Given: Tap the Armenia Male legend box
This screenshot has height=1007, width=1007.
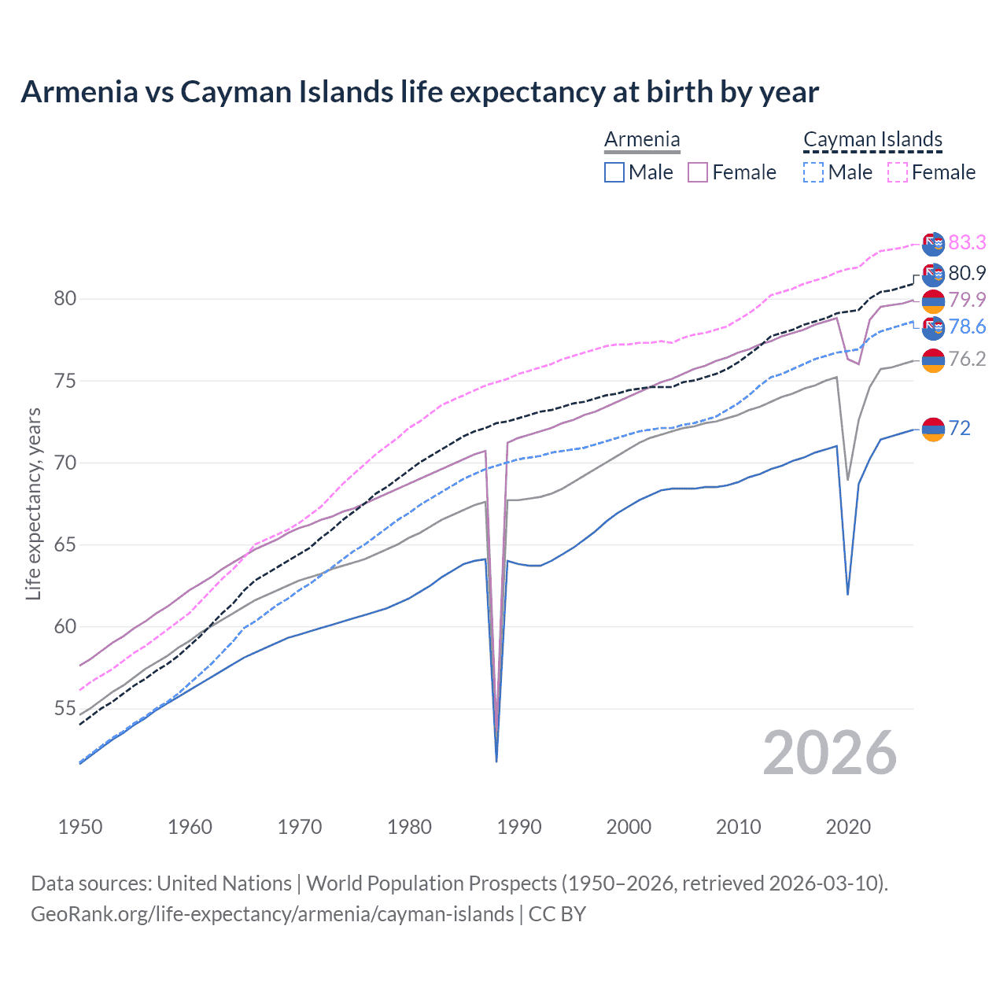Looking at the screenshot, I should coord(614,172).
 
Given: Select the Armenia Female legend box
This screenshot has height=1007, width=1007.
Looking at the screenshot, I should coord(698,172).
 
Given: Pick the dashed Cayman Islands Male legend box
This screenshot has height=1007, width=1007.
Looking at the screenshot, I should coord(813,172).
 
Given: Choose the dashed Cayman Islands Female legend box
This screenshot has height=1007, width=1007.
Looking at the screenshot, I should coord(897,172).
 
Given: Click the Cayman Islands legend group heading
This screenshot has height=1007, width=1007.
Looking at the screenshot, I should coord(872,140).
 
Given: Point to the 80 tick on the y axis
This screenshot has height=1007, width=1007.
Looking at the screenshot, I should coord(65,299).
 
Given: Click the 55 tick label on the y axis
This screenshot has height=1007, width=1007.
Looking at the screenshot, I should coord(65,709).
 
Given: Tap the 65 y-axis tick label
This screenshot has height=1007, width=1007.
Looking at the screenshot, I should coord(65,545).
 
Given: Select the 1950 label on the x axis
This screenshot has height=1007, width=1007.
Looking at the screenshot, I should coord(80,827).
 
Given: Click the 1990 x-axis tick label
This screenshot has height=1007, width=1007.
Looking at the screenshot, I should coord(519,827).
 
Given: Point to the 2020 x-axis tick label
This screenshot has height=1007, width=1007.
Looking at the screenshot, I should coord(847,827).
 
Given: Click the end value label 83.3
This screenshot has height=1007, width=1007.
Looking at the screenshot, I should coord(967,242).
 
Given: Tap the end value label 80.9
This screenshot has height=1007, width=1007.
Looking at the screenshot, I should coord(967,273).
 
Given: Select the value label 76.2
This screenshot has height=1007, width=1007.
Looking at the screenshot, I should coord(967,360).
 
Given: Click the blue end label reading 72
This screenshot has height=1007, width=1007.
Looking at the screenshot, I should coord(960,428).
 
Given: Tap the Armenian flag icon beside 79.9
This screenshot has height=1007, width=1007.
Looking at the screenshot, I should coord(933,301).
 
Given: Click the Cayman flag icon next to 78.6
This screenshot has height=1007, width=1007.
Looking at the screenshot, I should coord(933,327).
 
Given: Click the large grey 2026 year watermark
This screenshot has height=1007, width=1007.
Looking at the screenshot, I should coord(830,753).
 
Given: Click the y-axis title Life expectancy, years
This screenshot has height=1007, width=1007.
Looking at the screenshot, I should coord(33,503).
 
